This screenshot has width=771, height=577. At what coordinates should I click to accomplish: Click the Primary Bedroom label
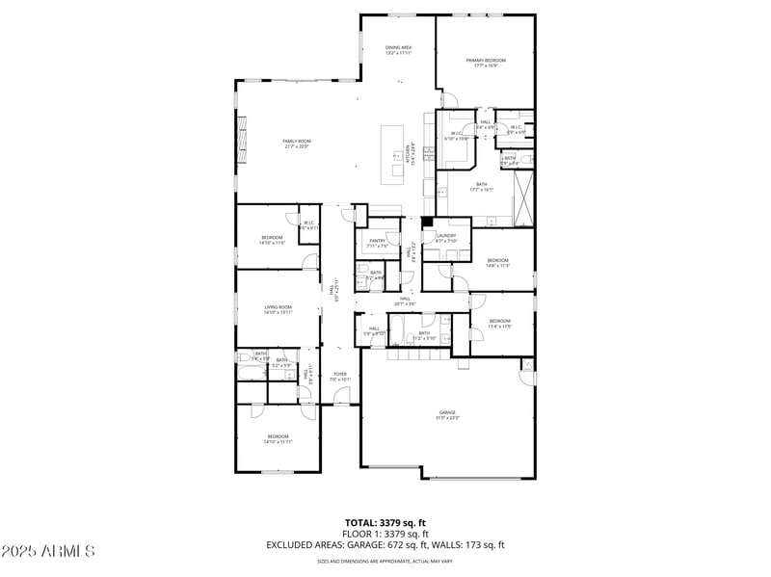click(486, 63)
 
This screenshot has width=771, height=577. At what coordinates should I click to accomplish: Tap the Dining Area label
click(399, 49)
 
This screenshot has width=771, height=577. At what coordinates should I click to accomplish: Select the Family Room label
click(296, 144)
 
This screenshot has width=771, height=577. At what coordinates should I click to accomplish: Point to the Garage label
click(448, 414)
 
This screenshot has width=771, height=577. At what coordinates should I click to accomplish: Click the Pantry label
click(377, 243)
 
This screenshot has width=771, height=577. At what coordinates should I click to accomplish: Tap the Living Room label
click(278, 309)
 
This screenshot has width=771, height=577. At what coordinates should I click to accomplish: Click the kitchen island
click(392, 153)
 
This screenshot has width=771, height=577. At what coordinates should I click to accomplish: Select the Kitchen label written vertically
click(409, 155)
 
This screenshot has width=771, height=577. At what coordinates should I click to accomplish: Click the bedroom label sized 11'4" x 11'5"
click(499, 324)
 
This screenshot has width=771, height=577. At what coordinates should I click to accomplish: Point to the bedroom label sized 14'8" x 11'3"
click(497, 262)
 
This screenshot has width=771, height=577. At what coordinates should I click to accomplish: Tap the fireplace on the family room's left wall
click(241, 134)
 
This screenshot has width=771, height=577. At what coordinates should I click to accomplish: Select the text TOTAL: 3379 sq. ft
click(385, 523)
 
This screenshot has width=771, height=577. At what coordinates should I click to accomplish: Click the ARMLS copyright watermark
click(48, 551)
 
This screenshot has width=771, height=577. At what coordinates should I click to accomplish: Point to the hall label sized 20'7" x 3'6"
click(405, 301)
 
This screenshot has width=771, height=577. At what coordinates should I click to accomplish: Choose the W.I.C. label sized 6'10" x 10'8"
click(456, 136)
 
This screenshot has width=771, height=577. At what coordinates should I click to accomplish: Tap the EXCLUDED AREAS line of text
click(385, 545)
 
